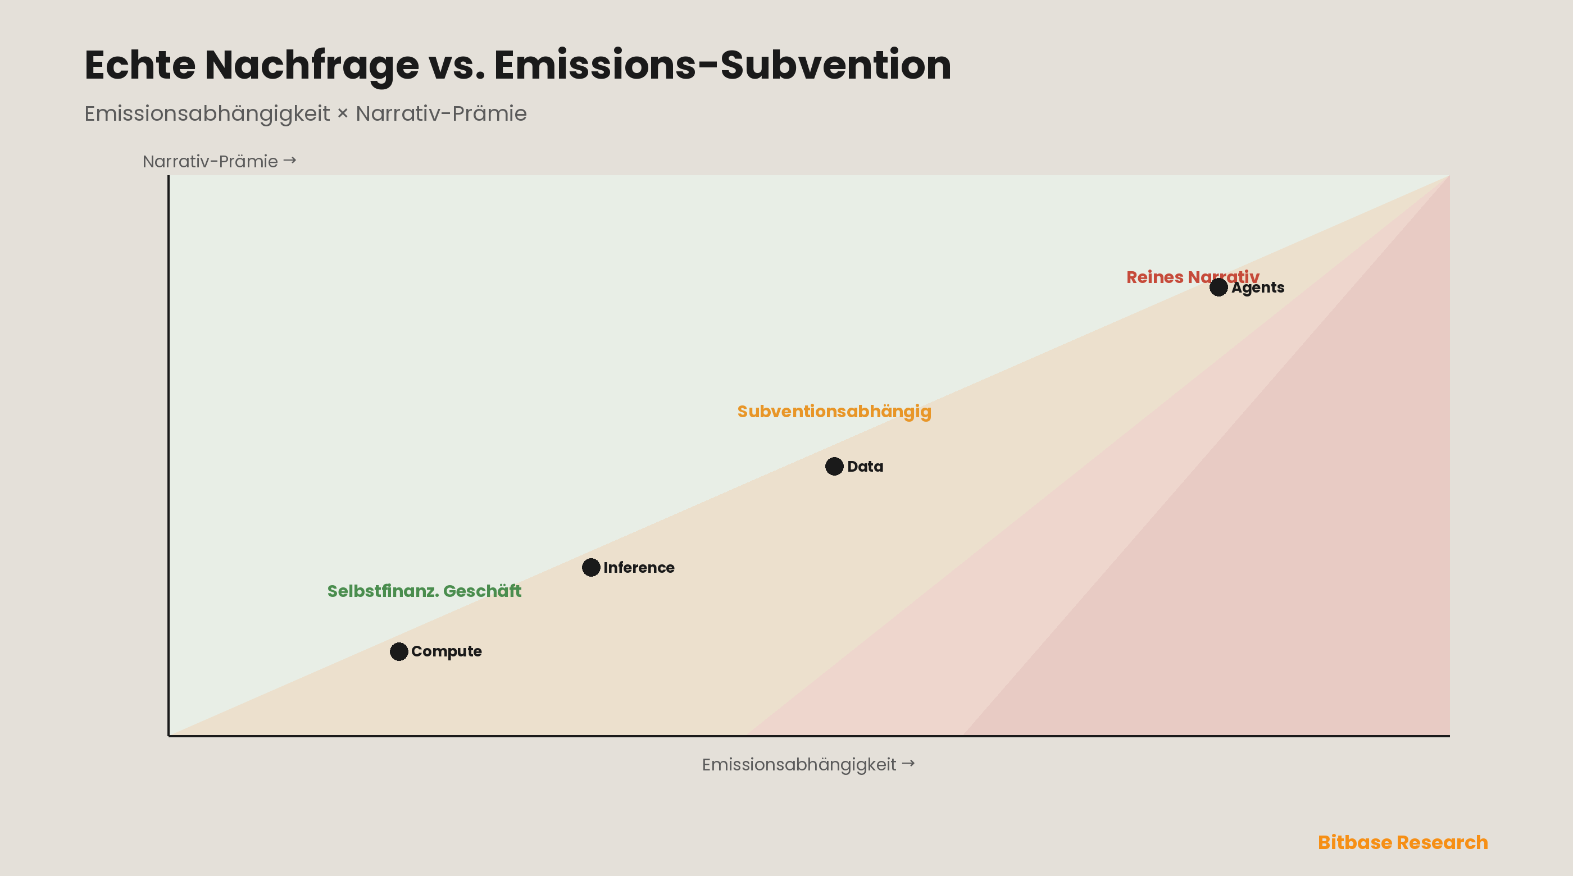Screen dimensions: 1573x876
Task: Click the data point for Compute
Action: click(x=399, y=651)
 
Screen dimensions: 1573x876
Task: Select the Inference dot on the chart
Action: click(x=591, y=568)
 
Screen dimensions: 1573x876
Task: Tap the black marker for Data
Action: click(x=834, y=467)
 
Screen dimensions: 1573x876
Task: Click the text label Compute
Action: click(x=447, y=651)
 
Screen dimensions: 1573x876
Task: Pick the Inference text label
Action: click(x=639, y=568)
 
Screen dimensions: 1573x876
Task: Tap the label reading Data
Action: click(x=865, y=467)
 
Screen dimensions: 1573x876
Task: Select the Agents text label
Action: click(x=1258, y=288)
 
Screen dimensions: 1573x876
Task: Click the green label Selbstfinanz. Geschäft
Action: click(x=424, y=591)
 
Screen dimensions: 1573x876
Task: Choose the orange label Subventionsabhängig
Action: click(x=834, y=412)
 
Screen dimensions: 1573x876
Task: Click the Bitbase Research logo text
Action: click(x=1403, y=842)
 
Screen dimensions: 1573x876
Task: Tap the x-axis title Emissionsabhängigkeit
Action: click(x=799, y=764)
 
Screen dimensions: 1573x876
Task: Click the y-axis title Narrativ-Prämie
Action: click(x=210, y=161)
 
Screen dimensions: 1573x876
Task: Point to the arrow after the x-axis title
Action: click(x=908, y=763)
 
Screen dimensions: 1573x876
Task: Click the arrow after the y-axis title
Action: click(x=289, y=160)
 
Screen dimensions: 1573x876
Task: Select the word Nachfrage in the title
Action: click(x=311, y=65)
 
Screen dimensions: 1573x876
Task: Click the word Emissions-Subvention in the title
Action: click(x=722, y=65)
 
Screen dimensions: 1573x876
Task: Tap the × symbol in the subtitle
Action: click(x=343, y=114)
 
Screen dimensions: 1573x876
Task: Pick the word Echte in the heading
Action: click(x=140, y=65)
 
